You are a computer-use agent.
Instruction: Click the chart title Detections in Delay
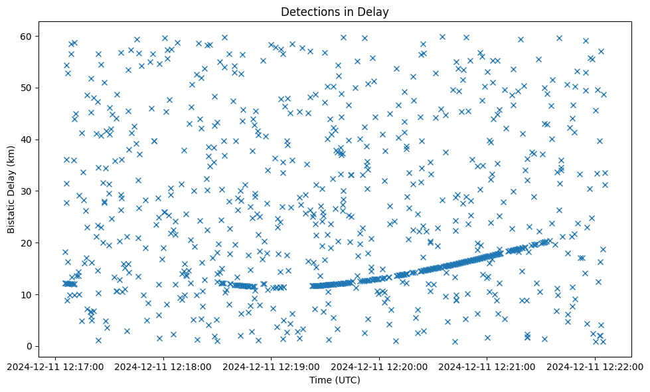tap(334, 12)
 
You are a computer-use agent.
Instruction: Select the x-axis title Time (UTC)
tap(334, 380)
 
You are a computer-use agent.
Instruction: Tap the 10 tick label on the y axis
tap(30, 294)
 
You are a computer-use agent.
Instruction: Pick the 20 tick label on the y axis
tap(30, 243)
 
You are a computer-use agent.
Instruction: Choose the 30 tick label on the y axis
tap(30, 191)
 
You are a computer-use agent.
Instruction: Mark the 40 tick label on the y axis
tap(30, 139)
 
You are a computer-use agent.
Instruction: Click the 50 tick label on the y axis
tap(30, 88)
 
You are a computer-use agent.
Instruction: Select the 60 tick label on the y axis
tap(30, 36)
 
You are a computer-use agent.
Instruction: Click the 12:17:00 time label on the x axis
tap(55, 366)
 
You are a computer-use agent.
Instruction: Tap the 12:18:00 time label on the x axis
tap(163, 366)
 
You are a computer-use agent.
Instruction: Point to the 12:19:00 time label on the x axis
tap(272, 366)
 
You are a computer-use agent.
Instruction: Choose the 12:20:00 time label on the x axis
tap(379, 366)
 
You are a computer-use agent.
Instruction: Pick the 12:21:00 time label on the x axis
tap(487, 366)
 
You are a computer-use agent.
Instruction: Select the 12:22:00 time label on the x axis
tap(596, 366)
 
